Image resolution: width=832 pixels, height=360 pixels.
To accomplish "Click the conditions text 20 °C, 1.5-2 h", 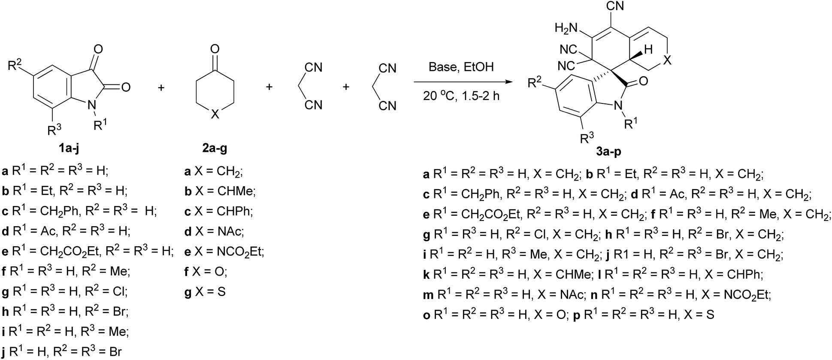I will pos(461,96).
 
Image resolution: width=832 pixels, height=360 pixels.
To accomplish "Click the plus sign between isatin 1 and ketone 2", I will pos(161,87).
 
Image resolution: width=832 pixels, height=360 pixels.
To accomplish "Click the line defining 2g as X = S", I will pos(205,292).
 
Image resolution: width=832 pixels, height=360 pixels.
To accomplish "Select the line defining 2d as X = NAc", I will pos(214,232).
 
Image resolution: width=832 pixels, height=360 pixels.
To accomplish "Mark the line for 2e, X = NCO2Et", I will pos(224,252).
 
